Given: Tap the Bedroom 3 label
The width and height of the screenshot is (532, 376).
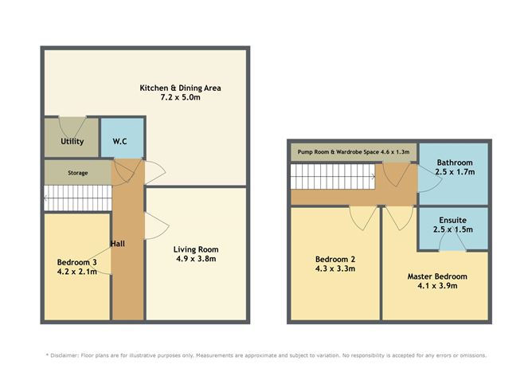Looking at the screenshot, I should (76, 261).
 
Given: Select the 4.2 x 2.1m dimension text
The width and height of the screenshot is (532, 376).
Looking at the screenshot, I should (76, 272).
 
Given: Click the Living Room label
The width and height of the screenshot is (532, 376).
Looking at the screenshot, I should (196, 249).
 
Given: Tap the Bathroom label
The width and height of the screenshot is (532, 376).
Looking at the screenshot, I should (455, 162).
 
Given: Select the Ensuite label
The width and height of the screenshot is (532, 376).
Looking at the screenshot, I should (455, 219).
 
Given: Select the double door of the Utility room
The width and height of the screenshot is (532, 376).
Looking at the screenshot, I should (72, 122).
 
